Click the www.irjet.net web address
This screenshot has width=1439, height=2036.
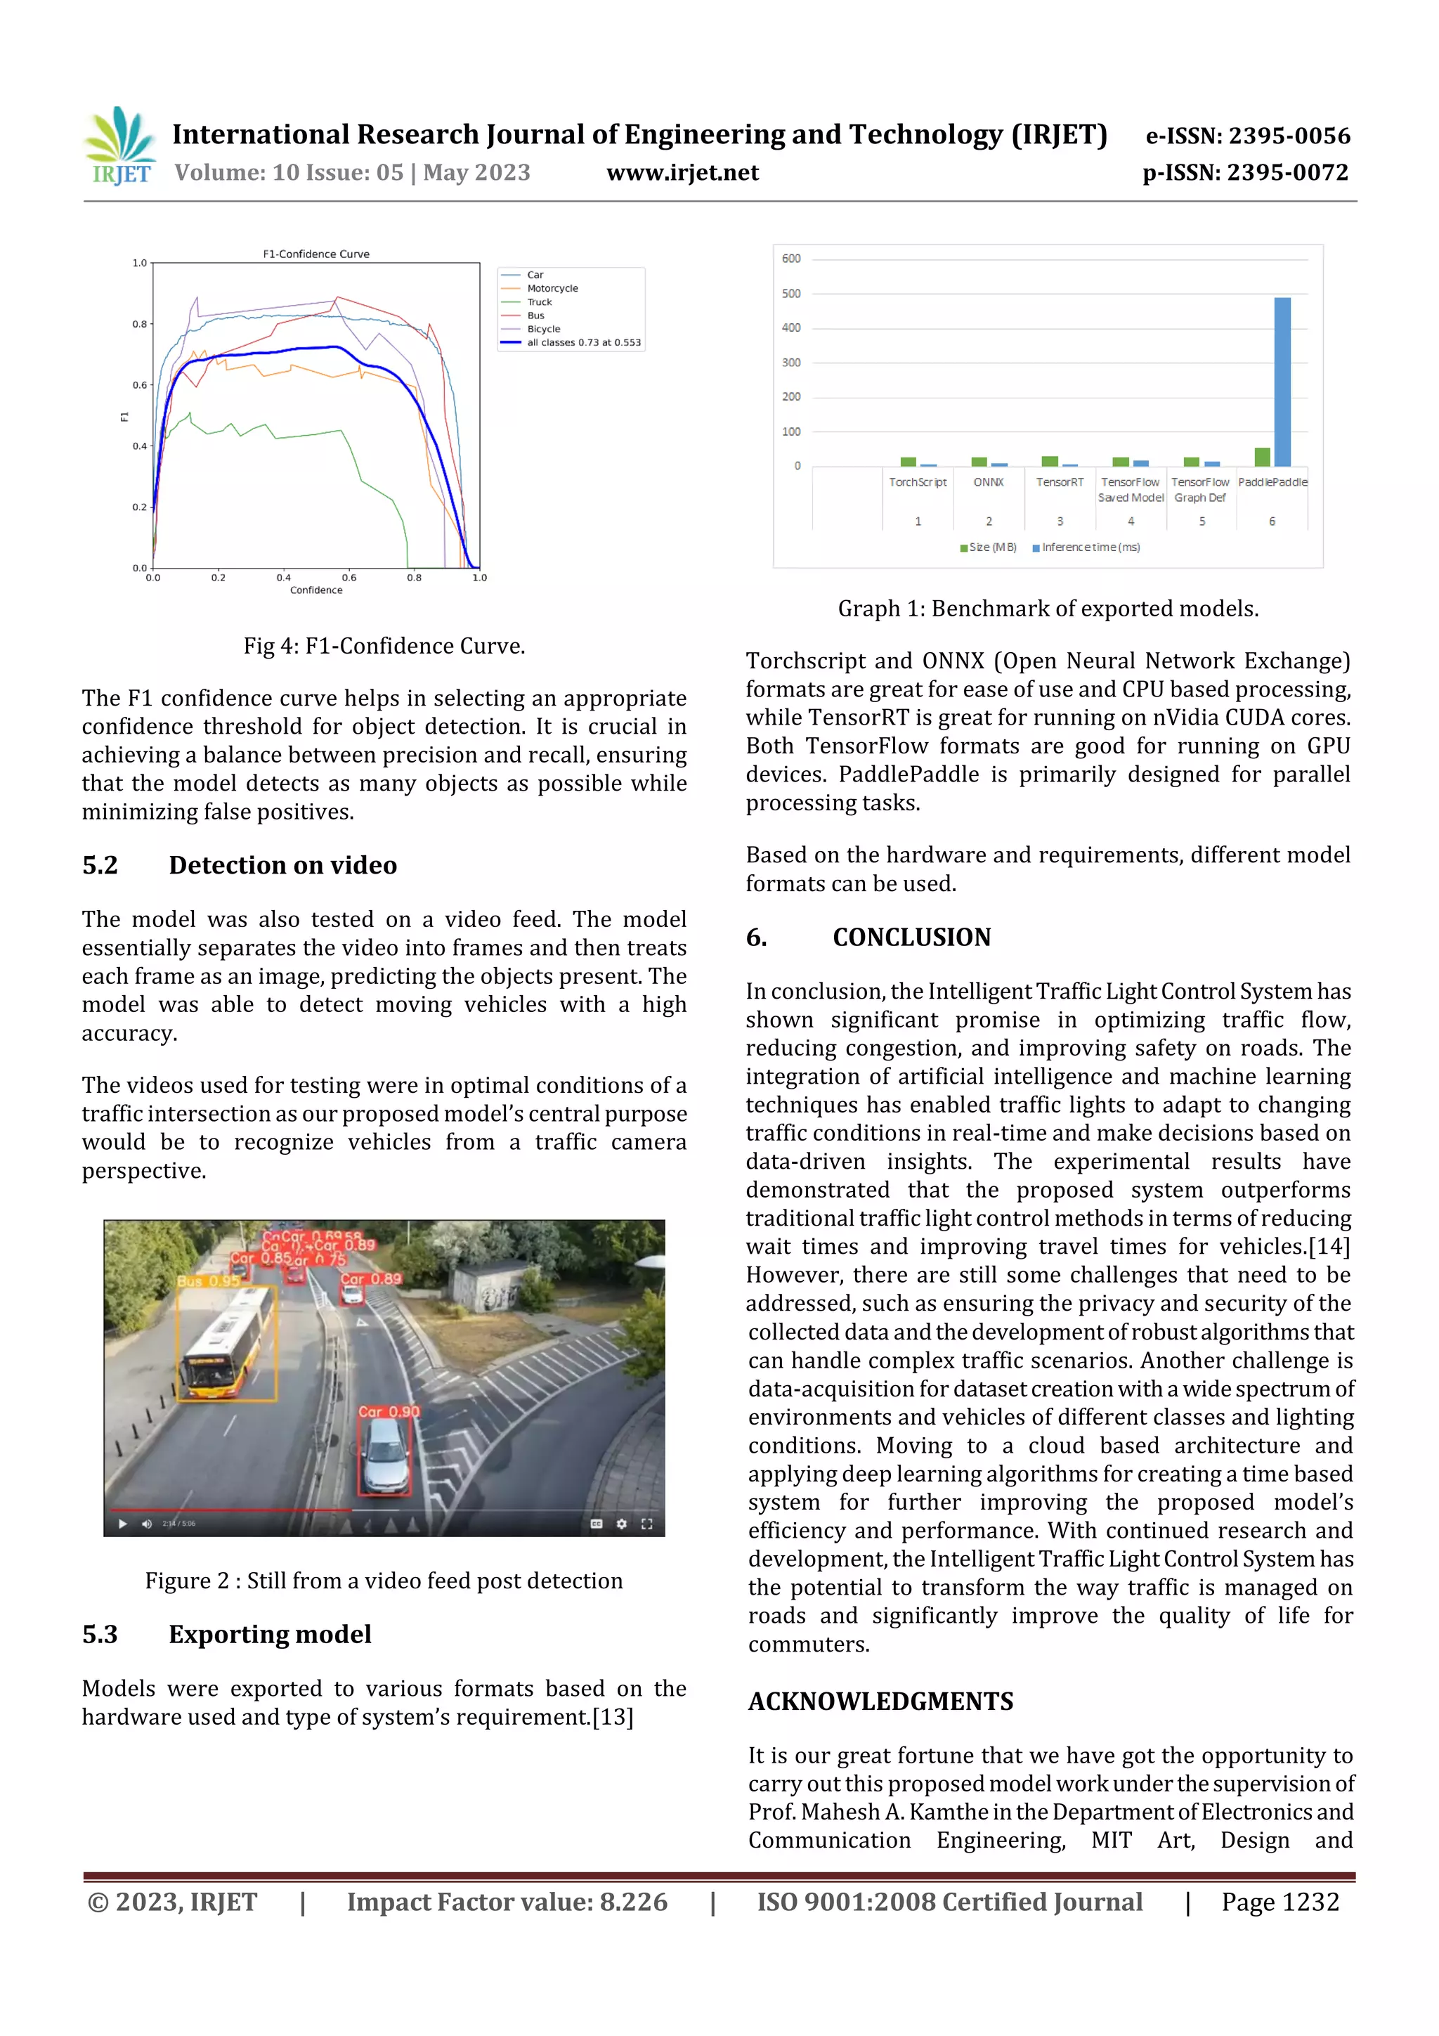point(682,173)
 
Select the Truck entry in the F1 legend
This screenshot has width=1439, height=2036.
point(539,302)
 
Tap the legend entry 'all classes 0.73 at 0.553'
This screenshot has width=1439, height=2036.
point(582,342)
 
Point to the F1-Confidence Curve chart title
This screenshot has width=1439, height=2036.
point(315,254)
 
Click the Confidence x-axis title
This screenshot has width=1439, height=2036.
point(315,590)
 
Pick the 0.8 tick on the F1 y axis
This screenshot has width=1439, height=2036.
point(139,325)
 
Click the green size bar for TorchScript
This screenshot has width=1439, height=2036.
point(908,462)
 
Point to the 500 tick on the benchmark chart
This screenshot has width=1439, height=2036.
point(791,294)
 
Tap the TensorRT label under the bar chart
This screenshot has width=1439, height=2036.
point(1060,482)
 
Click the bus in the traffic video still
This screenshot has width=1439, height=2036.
point(226,1344)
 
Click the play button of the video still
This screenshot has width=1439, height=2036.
point(122,1524)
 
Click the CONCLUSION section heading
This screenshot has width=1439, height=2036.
point(911,938)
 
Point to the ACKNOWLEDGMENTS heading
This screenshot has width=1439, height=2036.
point(880,1701)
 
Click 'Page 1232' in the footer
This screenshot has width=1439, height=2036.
point(1280,1902)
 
